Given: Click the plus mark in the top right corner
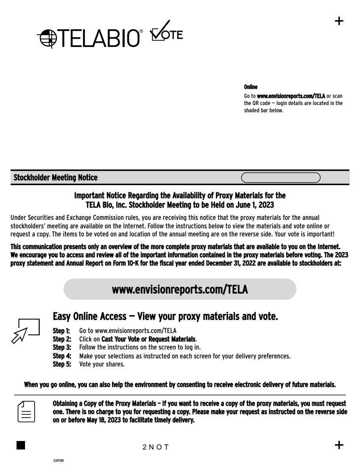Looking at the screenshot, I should click(339, 21).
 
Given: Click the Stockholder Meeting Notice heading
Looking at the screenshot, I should click(56, 178).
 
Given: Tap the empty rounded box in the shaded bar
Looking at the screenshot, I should click(281, 178).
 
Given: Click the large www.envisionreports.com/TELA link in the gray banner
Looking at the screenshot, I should click(180, 289).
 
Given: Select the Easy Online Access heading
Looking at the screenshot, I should click(165, 316).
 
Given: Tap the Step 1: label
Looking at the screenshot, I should click(61, 330).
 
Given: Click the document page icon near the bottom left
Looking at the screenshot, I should click(26, 411).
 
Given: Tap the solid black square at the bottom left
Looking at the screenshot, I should click(21, 445).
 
